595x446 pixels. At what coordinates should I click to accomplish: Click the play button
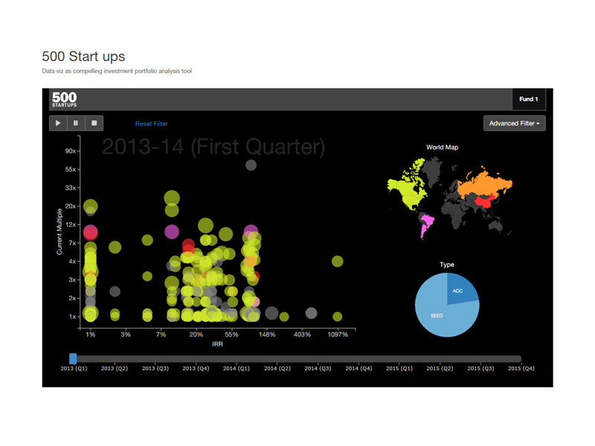tap(58, 123)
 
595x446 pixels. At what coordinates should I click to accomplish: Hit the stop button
tap(94, 123)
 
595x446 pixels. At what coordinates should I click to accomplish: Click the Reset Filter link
tap(152, 123)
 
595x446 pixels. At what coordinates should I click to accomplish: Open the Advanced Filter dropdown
tap(514, 123)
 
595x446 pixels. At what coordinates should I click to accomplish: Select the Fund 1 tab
tap(529, 99)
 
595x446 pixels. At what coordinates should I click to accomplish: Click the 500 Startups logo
tap(65, 99)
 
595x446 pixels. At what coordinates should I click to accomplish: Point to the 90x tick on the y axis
tap(71, 151)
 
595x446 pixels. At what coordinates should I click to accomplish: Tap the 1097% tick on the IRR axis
tap(338, 334)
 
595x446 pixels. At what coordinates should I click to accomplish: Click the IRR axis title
tap(217, 344)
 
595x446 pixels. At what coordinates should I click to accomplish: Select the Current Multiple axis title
tap(59, 232)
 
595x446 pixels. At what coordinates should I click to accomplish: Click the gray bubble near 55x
tap(251, 165)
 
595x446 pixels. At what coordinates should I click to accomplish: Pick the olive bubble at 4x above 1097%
tap(338, 262)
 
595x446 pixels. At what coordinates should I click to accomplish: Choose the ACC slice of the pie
tap(460, 289)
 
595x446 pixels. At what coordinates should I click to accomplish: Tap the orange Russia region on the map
tap(486, 182)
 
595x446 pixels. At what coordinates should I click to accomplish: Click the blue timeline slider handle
tap(73, 358)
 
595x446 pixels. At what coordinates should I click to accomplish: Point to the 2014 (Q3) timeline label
tap(318, 368)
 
